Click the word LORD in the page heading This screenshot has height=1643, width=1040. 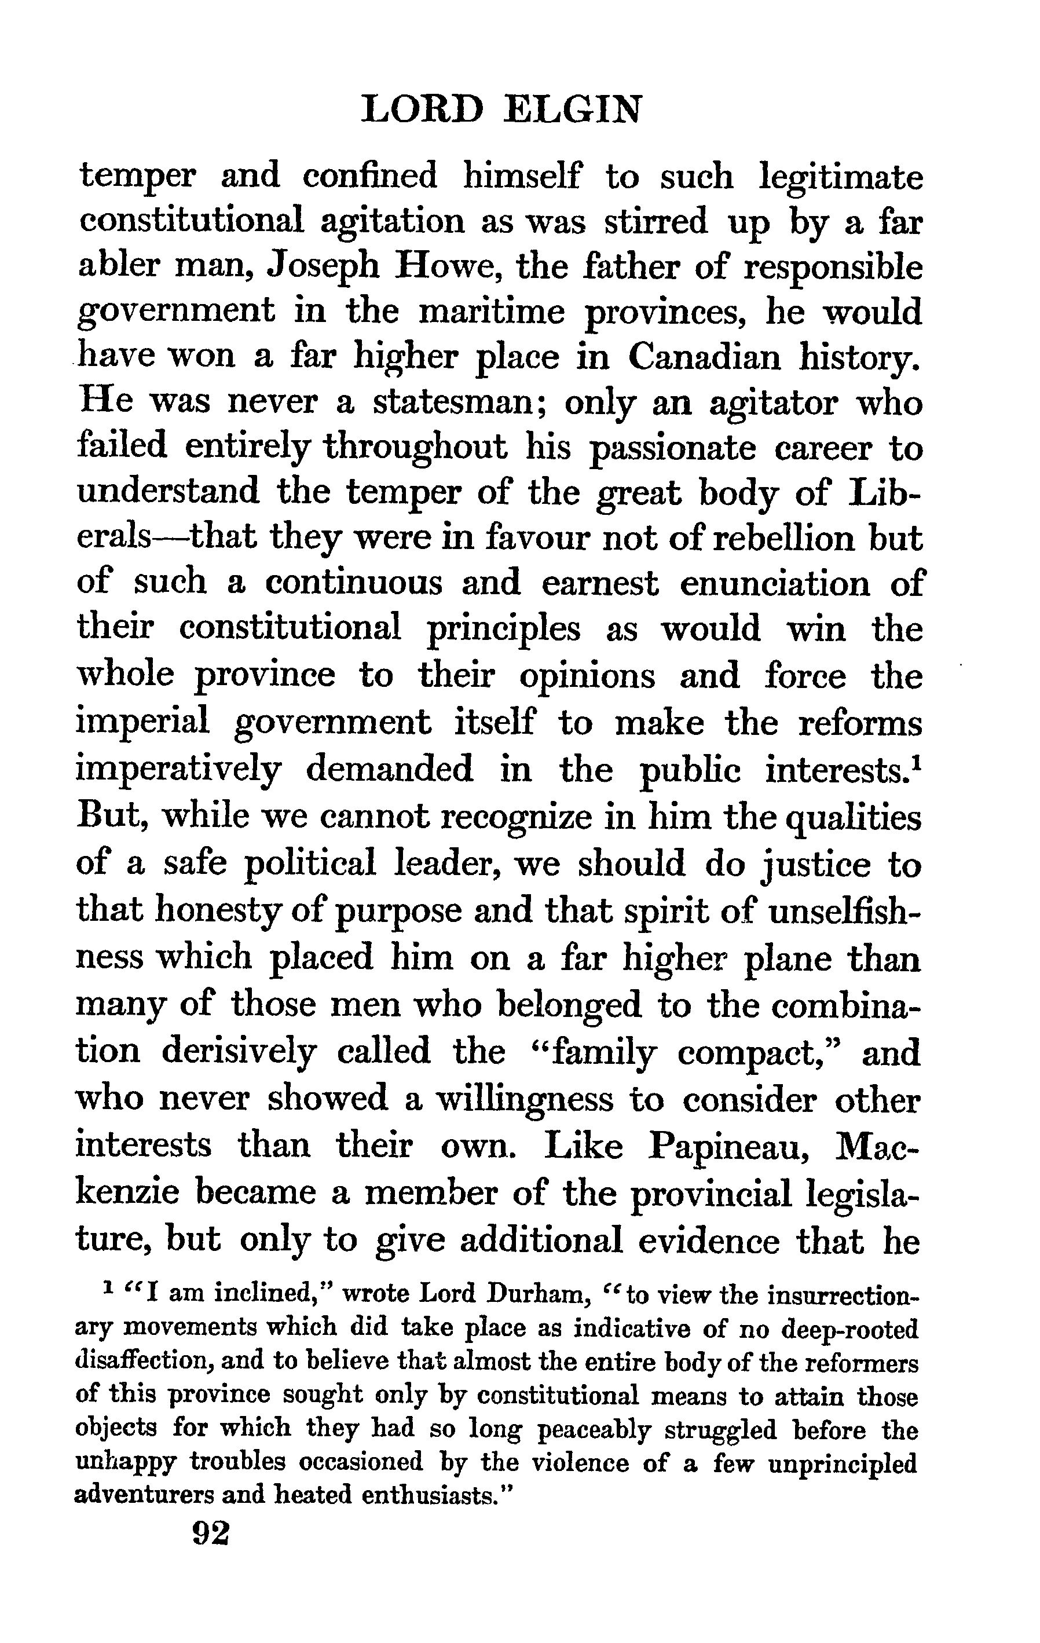click(422, 109)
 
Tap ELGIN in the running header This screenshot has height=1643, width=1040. click(572, 109)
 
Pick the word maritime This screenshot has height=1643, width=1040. click(492, 313)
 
